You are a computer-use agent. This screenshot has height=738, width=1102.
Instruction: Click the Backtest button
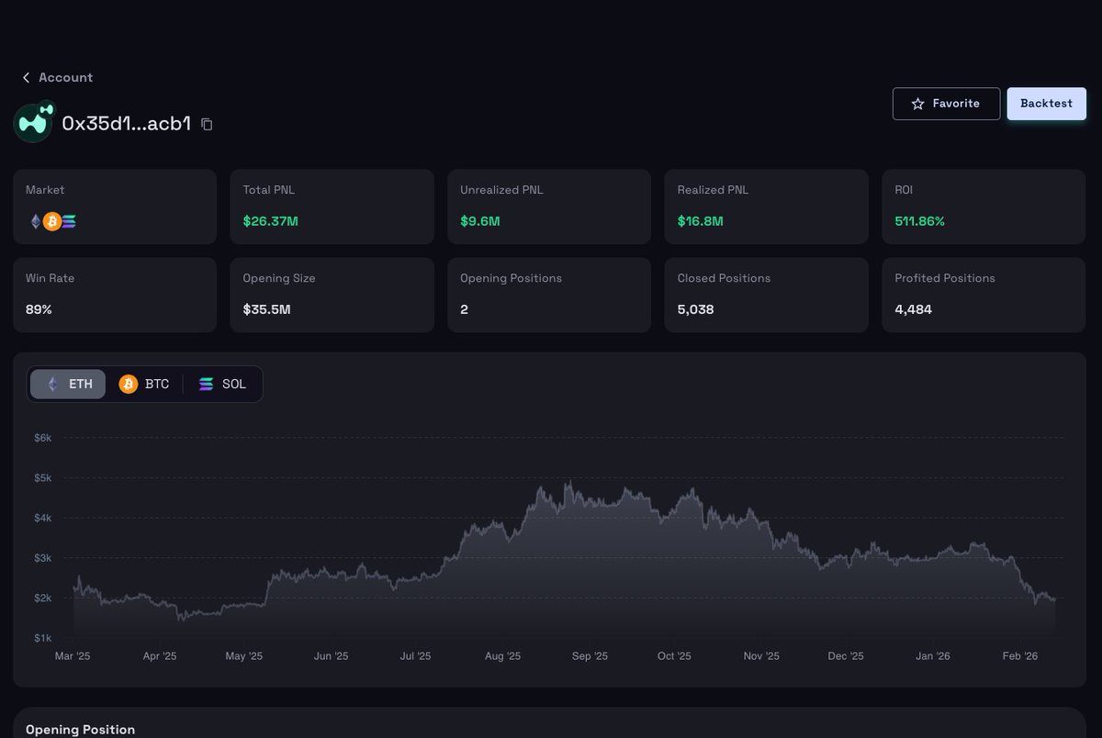(1046, 104)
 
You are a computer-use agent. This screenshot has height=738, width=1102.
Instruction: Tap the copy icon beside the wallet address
(207, 124)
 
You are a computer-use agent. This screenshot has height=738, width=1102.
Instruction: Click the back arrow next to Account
(26, 78)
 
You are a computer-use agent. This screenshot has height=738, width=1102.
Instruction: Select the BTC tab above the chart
(144, 384)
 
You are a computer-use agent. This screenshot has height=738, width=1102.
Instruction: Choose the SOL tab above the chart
(222, 384)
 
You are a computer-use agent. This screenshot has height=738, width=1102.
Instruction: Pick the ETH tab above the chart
(69, 384)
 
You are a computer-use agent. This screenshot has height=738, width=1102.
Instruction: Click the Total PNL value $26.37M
(269, 221)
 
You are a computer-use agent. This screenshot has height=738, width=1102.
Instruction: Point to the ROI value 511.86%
(919, 221)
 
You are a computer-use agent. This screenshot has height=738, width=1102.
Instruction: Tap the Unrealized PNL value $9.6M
(480, 221)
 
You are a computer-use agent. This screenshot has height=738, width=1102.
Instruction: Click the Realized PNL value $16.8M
(701, 221)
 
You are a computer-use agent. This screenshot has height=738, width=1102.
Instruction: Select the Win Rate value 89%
(39, 309)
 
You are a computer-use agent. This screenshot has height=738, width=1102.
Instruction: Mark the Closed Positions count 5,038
(695, 309)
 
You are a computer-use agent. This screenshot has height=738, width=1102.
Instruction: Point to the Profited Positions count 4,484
(913, 309)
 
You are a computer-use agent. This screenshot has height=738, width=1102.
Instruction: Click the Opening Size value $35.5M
(266, 309)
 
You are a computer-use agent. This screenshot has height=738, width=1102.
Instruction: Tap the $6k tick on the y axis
(42, 438)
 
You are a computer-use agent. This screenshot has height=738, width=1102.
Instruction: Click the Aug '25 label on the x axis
(502, 656)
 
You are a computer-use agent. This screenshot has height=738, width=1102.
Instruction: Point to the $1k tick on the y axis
(42, 638)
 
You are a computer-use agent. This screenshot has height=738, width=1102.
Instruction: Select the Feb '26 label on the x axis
(1019, 656)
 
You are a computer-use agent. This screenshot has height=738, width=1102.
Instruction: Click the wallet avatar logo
(34, 123)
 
